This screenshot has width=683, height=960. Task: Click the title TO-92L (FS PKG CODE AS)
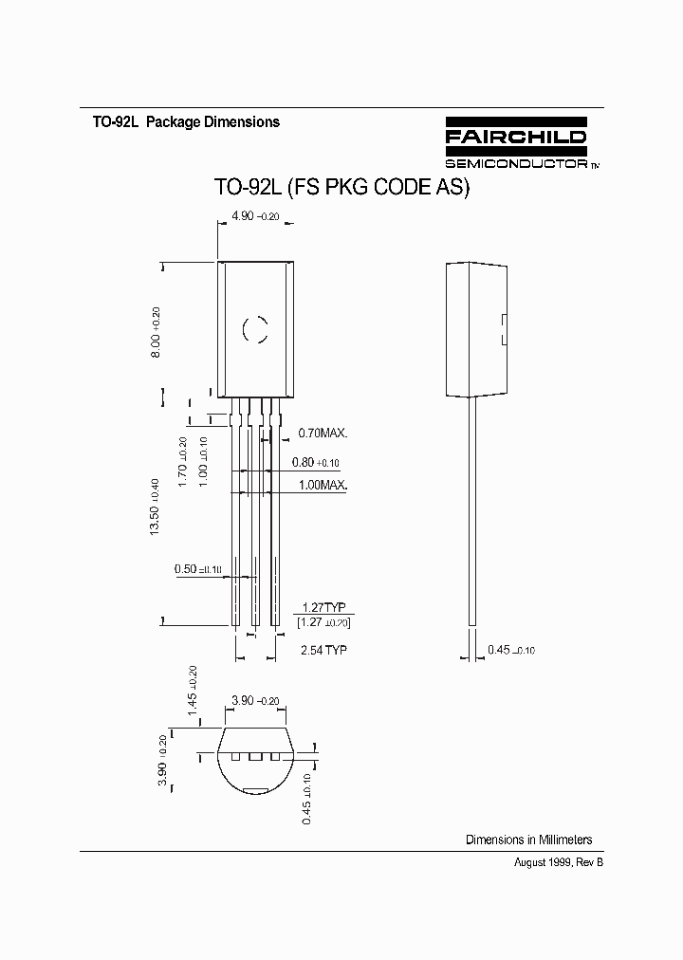point(342,188)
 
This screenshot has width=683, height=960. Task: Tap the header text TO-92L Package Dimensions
point(186,122)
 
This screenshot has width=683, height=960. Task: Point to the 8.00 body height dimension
point(157,332)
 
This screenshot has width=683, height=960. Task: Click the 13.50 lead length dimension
point(155,508)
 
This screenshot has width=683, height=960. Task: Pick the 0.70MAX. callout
point(323,433)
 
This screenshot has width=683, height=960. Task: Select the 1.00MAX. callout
point(323,485)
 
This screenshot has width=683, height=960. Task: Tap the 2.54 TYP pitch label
point(323,650)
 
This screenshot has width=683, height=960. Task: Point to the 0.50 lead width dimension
point(198,569)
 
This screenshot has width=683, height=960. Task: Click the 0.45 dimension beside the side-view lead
point(511,650)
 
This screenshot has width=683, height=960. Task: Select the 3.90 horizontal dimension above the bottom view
point(255,701)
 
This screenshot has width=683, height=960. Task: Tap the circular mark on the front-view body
point(255,329)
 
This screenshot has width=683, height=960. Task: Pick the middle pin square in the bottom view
point(255,757)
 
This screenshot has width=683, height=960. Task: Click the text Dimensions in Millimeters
point(528,840)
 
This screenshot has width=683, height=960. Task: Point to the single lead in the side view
point(471,512)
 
